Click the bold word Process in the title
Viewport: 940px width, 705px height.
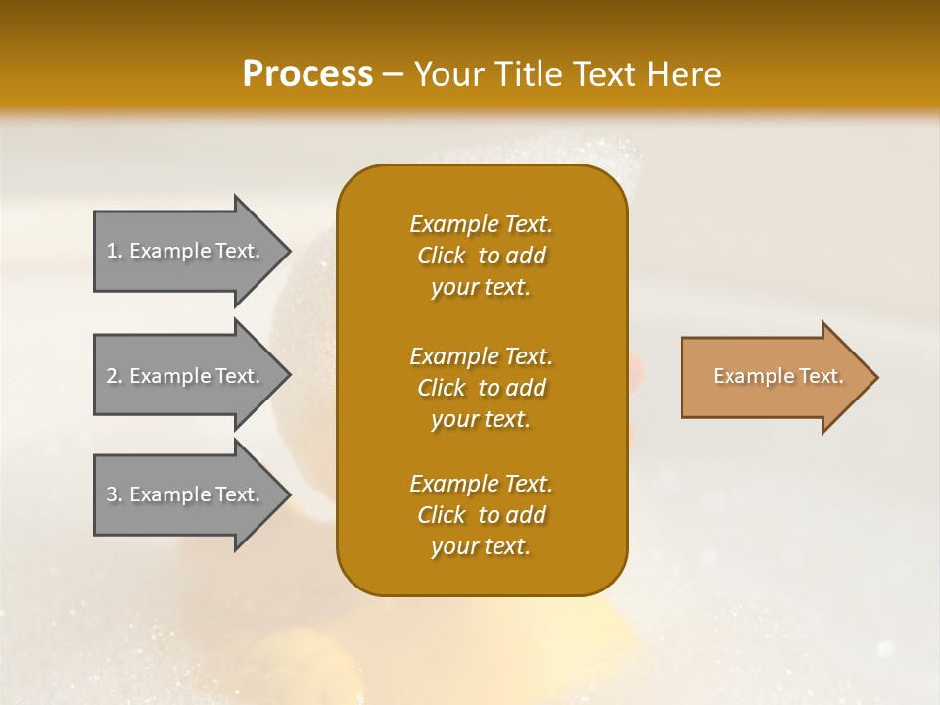pos(307,74)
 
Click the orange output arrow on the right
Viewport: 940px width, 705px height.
pos(774,377)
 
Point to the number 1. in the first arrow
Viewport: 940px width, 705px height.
pos(115,252)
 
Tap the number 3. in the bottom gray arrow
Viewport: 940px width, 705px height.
pos(115,495)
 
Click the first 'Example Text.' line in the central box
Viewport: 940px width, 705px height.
pos(481,224)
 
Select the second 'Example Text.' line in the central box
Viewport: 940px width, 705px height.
pos(481,356)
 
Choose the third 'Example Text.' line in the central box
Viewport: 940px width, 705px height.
pos(481,484)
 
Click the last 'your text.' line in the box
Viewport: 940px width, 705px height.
pos(481,547)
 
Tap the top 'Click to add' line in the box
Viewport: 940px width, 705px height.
pos(481,256)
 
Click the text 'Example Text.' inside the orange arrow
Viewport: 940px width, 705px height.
pos(777,376)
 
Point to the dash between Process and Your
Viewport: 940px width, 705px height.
pos(394,75)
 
